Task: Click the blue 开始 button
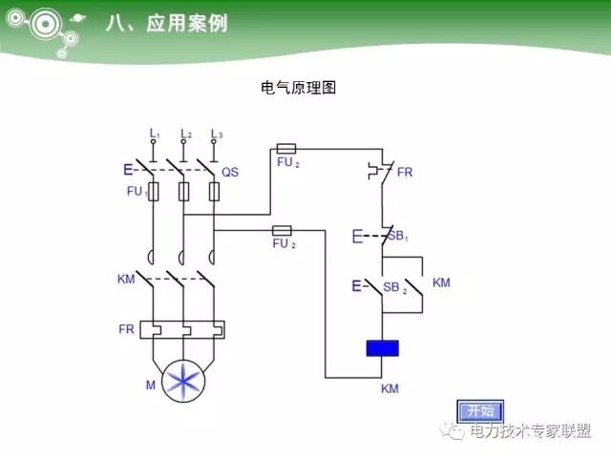479,411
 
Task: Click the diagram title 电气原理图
299,88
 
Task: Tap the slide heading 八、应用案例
166,24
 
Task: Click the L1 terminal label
155,134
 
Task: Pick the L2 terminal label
186,134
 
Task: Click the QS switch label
230,172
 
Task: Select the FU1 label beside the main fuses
137,192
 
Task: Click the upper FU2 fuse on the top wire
284,149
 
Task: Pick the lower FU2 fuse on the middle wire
282,231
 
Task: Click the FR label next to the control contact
405,172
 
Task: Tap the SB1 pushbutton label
396,235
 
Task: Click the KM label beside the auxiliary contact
441,283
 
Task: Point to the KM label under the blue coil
390,389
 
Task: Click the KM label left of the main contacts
126,280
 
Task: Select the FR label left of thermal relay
126,329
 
